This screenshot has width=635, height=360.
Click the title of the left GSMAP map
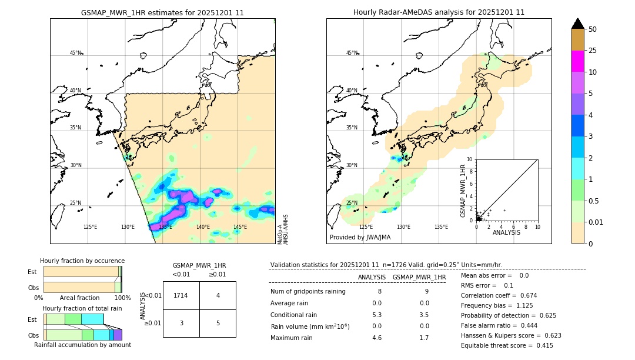[x=162, y=12]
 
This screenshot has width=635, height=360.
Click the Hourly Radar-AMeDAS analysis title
[x=439, y=12]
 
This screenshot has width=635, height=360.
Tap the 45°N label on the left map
[x=75, y=53]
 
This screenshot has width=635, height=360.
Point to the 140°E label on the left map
[x=203, y=227]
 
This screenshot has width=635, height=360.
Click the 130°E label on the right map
[x=403, y=227]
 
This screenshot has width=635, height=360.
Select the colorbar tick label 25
[x=593, y=51]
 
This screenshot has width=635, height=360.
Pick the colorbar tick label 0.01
[x=596, y=222]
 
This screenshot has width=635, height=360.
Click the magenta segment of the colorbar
[x=577, y=61]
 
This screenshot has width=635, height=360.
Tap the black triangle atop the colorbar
[x=577, y=24]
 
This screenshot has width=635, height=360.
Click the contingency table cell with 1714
[x=181, y=295]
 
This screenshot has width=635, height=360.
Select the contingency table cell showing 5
[x=218, y=323]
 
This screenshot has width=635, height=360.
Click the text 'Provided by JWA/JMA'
[x=360, y=238]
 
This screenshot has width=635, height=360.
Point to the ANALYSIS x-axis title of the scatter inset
[x=506, y=232]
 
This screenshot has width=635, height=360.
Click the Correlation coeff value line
[x=499, y=295]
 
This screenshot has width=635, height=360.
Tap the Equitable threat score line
[x=507, y=345]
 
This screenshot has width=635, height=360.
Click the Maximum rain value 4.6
[x=376, y=338]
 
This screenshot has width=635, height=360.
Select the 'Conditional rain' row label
[x=295, y=314]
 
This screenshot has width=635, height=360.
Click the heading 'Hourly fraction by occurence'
[x=82, y=261]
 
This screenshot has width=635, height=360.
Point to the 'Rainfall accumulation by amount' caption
[x=82, y=345]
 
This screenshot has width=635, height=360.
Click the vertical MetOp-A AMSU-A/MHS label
[x=283, y=229]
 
